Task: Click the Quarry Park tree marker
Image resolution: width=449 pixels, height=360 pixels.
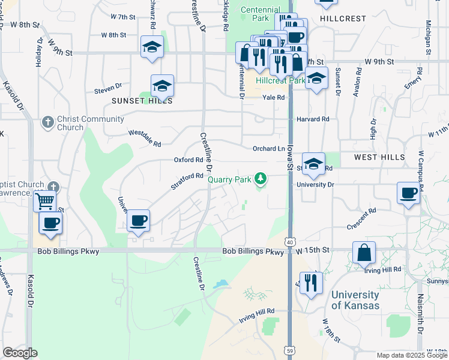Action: click(x=260, y=179)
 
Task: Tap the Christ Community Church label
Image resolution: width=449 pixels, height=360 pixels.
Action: click(x=82, y=123)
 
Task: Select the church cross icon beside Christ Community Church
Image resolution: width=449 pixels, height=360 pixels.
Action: click(x=48, y=123)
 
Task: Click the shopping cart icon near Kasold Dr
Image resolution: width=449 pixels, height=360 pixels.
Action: click(x=45, y=202)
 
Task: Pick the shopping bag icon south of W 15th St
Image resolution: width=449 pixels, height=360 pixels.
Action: click(x=364, y=253)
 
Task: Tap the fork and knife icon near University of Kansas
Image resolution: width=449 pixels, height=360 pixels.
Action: click(x=310, y=282)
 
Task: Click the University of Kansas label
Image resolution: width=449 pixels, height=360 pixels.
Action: click(x=355, y=300)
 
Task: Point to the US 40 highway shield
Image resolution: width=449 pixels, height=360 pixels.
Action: click(x=290, y=224)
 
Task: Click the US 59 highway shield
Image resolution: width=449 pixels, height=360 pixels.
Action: click(x=289, y=349)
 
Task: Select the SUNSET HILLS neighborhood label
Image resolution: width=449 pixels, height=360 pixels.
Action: click(x=142, y=101)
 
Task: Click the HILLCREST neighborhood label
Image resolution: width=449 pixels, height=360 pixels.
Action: click(x=343, y=19)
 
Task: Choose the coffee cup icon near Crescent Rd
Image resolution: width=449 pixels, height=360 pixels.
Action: click(x=408, y=193)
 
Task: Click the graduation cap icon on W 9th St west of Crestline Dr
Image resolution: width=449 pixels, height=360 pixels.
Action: click(x=152, y=46)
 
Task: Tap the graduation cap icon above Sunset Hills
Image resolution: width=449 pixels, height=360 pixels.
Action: click(x=162, y=85)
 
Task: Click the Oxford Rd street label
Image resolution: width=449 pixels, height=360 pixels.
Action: click(x=188, y=160)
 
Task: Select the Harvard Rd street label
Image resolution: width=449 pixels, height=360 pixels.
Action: click(x=313, y=119)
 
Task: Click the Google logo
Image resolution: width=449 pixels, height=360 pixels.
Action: click(x=20, y=353)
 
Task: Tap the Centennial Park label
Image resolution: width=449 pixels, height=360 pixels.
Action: click(x=261, y=14)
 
